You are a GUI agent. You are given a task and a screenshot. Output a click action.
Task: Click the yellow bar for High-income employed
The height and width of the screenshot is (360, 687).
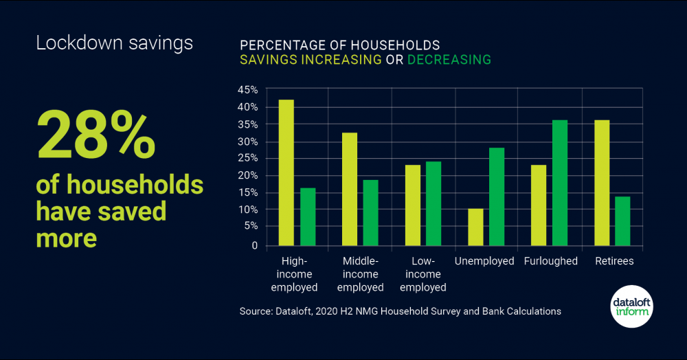click(x=286, y=172)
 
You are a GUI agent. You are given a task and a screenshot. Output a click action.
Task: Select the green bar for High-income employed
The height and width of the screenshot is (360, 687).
click(x=307, y=216)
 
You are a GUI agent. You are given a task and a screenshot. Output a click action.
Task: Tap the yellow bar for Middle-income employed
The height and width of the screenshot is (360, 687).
click(x=350, y=189)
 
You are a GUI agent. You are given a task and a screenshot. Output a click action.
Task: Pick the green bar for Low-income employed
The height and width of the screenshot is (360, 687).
click(x=433, y=203)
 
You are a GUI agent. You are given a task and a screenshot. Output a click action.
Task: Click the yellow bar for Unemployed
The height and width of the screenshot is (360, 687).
click(x=475, y=227)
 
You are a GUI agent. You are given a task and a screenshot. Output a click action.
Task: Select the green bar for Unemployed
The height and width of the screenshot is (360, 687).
click(x=497, y=196)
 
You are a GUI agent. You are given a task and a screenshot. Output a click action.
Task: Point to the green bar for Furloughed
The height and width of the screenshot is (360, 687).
click(x=560, y=183)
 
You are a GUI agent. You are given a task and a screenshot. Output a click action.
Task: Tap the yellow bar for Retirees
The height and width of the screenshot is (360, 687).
click(x=602, y=183)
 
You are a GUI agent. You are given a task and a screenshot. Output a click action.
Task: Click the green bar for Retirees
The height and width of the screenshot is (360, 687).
click(x=622, y=221)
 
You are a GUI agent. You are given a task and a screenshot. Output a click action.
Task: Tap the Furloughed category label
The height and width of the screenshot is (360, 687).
click(x=550, y=262)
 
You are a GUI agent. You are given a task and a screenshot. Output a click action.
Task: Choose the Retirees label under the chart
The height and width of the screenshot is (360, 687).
click(x=614, y=262)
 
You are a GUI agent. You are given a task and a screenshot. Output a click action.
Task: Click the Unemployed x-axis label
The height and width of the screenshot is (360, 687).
click(x=484, y=262)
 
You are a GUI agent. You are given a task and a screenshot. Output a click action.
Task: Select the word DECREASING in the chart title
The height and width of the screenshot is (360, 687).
click(x=449, y=60)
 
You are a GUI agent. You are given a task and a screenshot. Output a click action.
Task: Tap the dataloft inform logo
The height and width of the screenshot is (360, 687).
click(x=631, y=306)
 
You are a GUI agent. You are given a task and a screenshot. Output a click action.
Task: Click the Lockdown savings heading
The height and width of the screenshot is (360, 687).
click(x=114, y=43)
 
